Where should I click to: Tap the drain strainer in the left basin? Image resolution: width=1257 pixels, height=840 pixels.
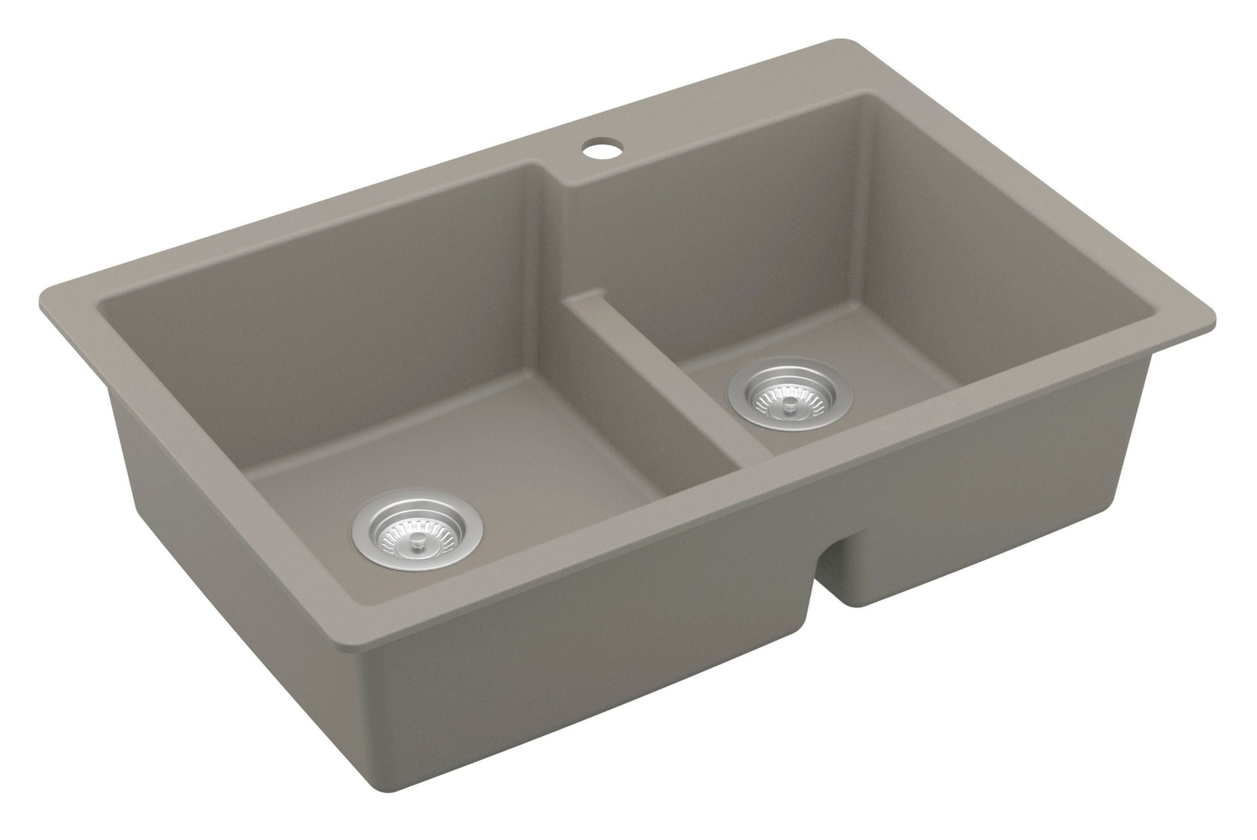click(417, 529)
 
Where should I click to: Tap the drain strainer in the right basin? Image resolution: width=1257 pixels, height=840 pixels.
click(790, 393)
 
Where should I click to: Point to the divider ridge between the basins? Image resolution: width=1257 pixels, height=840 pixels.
click(669, 375)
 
